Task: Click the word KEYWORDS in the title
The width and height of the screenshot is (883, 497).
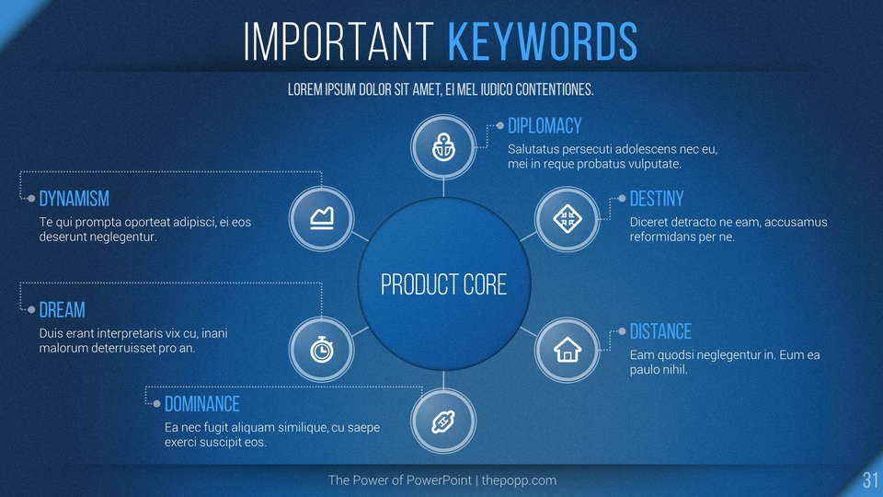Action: click(543, 41)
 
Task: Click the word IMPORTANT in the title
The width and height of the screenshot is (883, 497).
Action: click(338, 41)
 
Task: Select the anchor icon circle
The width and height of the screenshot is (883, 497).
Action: click(443, 147)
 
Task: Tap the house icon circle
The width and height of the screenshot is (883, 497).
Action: click(568, 350)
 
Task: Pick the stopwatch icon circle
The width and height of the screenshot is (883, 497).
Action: click(322, 350)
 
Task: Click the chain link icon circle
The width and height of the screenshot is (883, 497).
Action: click(443, 421)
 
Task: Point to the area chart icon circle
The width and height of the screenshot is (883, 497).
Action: click(322, 219)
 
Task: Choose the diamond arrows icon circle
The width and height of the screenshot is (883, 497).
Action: click(568, 219)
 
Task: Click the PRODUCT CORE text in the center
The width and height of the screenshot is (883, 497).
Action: click(443, 284)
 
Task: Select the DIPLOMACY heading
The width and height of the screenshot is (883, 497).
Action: click(545, 126)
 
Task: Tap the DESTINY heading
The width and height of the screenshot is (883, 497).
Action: click(657, 199)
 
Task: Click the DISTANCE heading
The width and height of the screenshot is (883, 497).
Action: click(660, 332)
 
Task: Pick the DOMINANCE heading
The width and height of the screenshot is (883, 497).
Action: click(202, 404)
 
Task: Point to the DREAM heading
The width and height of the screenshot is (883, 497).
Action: click(62, 310)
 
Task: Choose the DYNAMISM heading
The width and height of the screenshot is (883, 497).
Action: click(75, 199)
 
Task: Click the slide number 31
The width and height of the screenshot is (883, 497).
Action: click(870, 480)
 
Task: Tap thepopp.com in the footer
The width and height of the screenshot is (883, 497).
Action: click(519, 480)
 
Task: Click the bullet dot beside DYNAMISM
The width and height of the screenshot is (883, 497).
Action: click(31, 199)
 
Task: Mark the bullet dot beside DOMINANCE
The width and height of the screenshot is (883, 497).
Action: click(156, 403)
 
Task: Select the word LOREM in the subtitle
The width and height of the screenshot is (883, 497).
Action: click(304, 89)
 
